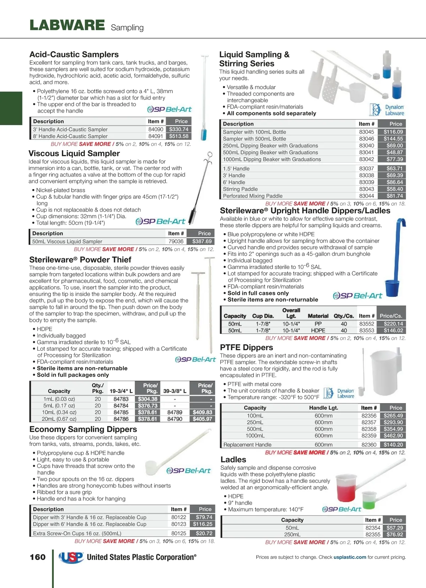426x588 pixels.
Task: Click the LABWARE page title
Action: [x=67, y=25]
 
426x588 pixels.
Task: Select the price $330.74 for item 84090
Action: [x=179, y=129]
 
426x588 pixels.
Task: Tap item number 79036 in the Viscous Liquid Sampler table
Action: [x=176, y=241]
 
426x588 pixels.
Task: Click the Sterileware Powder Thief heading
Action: [x=80, y=260]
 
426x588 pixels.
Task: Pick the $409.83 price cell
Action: [x=202, y=412]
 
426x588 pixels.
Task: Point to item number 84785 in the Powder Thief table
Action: [x=121, y=412]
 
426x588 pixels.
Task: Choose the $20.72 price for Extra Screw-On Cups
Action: [x=204, y=533]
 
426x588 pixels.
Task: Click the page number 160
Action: [x=38, y=557]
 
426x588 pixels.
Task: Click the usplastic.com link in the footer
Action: [x=350, y=557]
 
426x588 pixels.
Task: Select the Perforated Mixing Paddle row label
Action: [x=253, y=196]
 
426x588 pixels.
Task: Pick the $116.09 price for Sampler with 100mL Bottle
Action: [x=393, y=132]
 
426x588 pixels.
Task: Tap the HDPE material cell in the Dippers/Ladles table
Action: [x=318, y=330]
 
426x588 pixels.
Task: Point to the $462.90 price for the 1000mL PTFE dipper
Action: [x=393, y=436]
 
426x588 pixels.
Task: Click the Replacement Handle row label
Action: [x=247, y=445]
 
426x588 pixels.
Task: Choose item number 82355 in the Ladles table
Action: [x=373, y=534]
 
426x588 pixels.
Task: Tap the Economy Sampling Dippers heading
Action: [x=83, y=429]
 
